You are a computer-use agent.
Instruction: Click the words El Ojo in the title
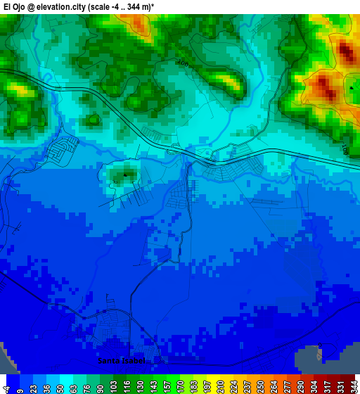pyautogui.click(x=15, y=6)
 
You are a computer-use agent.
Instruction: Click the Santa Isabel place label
pyautogui.click(x=122, y=361)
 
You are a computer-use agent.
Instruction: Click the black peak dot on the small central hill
pyautogui.click(x=125, y=174)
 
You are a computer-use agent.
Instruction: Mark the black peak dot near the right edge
pyautogui.click(x=351, y=87)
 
